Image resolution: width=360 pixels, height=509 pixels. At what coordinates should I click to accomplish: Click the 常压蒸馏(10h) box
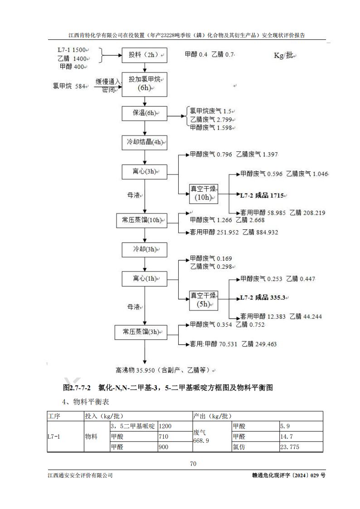tap(141, 220)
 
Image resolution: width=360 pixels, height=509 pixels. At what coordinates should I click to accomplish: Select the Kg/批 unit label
tap(285, 55)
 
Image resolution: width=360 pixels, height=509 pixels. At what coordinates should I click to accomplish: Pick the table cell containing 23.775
tap(301, 447)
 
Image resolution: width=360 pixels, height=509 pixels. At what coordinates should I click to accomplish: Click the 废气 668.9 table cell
tap(212, 436)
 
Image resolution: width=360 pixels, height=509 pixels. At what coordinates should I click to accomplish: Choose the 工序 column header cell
tap(65, 416)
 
